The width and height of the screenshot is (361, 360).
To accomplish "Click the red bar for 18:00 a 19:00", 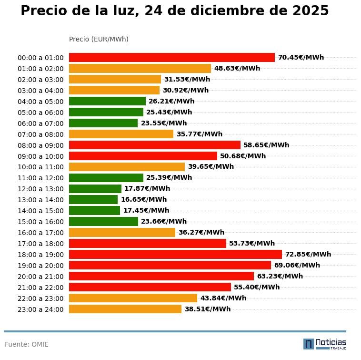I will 175,254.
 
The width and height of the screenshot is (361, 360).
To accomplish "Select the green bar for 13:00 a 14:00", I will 93,199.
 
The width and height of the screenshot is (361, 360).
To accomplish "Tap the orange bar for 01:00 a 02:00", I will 140,68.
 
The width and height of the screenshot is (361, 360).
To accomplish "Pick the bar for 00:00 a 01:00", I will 172,57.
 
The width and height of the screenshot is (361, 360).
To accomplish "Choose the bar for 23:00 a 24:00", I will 125,309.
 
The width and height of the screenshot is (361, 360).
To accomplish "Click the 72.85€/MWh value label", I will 308,254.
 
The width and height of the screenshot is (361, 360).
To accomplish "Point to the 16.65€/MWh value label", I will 144,199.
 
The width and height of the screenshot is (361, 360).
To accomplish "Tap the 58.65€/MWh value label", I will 266,145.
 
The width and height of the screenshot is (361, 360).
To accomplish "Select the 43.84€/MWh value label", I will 223,298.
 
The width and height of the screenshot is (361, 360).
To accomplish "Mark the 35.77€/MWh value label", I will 199,134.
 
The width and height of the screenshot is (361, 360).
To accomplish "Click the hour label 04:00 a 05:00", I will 40,102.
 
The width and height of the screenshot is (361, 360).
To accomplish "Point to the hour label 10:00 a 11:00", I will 40,167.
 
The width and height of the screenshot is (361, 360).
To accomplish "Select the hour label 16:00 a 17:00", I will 40,233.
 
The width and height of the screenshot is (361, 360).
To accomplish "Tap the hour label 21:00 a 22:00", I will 40,288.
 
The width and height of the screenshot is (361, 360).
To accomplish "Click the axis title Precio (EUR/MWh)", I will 99,39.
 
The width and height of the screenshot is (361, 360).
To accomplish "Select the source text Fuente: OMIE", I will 27,344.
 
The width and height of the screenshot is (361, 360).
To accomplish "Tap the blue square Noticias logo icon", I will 309,344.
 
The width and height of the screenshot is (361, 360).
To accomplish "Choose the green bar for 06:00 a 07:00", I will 103,123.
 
